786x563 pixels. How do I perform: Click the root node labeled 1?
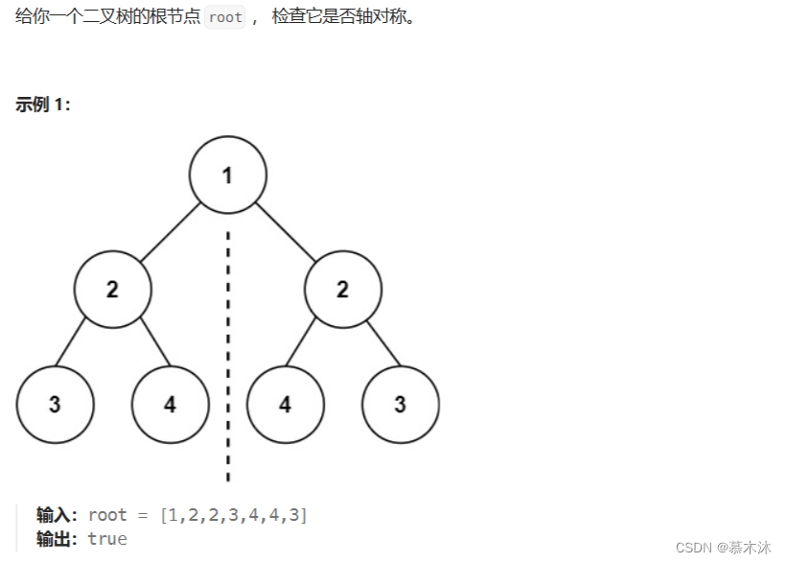click(227, 175)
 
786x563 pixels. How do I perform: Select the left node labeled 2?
click(112, 289)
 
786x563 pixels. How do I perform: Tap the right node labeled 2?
click(342, 289)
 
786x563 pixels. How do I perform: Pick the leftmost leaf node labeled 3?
click(55, 404)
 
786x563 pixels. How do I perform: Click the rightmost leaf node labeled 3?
click(400, 404)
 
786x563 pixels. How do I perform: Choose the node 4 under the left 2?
click(170, 404)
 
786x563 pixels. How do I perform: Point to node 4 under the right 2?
click(285, 404)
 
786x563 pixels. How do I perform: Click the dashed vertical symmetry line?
click(228, 355)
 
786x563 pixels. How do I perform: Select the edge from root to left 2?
click(169, 232)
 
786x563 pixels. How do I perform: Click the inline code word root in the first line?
click(225, 17)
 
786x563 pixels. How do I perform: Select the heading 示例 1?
click(43, 105)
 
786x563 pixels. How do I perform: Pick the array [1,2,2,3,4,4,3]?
click(235, 515)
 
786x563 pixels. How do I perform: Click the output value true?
click(107, 539)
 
